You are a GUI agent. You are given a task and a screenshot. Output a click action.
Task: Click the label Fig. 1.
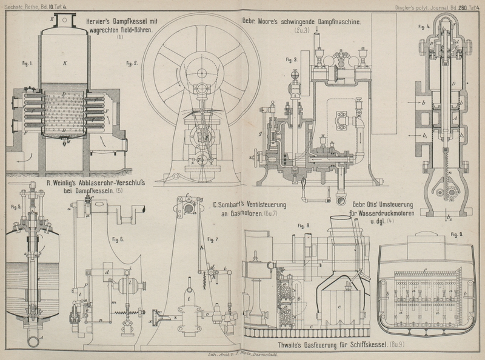27,63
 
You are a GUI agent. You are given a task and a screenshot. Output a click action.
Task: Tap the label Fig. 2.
132,63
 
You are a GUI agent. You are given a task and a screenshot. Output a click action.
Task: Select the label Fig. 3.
291,59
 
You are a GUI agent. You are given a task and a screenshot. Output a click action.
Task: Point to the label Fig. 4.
424,27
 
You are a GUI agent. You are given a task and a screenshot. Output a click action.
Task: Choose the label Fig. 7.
212,239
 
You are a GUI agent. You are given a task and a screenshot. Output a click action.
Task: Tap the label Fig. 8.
304,225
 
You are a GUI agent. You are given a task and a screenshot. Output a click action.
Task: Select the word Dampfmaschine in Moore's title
336,21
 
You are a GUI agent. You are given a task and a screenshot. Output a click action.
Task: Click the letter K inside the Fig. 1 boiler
64,62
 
